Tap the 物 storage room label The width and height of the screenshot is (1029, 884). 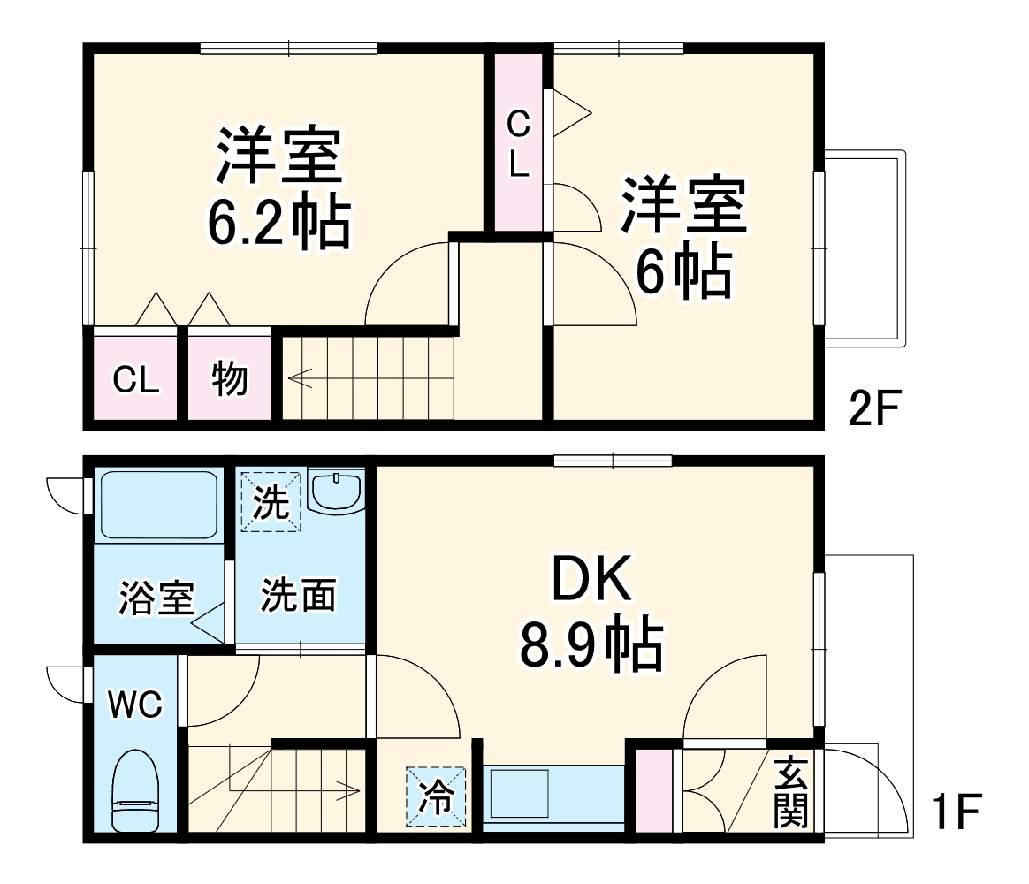[x=230, y=380]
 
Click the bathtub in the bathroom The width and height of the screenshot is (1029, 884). [x=159, y=505]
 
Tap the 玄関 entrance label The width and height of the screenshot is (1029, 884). [x=791, y=792]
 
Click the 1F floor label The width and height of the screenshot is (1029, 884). [x=957, y=812]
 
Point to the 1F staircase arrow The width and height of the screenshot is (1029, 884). [x=349, y=789]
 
